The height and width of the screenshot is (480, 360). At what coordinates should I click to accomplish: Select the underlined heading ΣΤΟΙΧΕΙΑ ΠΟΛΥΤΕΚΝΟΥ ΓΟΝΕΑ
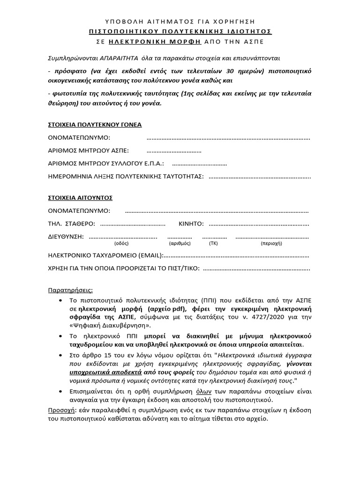pyautogui.click(x=95, y=125)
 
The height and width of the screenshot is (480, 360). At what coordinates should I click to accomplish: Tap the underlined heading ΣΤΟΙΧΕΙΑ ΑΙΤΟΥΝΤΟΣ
pyautogui.click(x=81, y=197)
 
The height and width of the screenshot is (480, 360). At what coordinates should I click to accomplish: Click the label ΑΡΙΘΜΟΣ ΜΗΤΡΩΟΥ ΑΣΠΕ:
pyautogui.click(x=89, y=150)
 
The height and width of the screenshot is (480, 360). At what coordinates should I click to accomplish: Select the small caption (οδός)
pyautogui.click(x=121, y=244)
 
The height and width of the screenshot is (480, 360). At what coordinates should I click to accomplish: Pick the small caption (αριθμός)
pyautogui.click(x=179, y=244)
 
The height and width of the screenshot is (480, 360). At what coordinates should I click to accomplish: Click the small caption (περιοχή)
pyautogui.click(x=271, y=244)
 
